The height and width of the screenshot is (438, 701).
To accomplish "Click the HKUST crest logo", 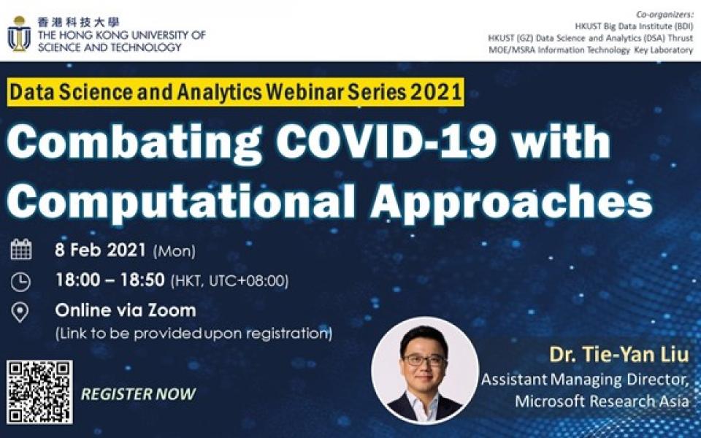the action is (x=19, y=34).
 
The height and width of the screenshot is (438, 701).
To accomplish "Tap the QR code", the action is (x=39, y=392).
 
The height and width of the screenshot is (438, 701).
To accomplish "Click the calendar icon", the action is (x=21, y=250).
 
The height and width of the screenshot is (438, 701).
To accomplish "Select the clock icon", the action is (x=20, y=282).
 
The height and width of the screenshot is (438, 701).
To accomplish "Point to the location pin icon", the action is (x=20, y=312).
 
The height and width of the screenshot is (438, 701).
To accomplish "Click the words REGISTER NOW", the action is (x=138, y=393).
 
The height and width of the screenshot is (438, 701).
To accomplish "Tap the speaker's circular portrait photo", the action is (x=425, y=370).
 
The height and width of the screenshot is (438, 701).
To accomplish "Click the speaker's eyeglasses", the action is (x=424, y=360).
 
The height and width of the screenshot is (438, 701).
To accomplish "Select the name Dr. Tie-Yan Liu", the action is (x=618, y=355).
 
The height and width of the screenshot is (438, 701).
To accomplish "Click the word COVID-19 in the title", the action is (x=386, y=141).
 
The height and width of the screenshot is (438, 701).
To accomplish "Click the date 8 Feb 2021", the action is (x=101, y=250).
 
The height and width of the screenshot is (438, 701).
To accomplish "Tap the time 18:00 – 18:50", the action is (x=110, y=280).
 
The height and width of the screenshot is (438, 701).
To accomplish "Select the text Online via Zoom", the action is (x=126, y=310).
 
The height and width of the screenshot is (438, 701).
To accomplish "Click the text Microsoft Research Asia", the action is (x=602, y=401).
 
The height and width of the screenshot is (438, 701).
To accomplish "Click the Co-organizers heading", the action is (x=664, y=15).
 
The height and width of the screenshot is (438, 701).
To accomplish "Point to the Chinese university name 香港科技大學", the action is (x=79, y=23).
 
